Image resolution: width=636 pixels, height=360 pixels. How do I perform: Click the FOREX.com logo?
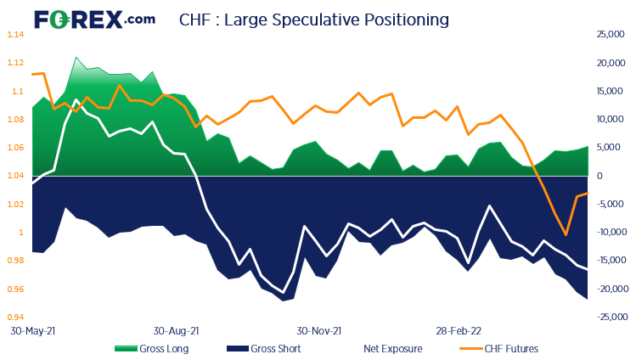94,18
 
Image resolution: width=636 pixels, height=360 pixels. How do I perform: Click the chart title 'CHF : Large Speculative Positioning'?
314,19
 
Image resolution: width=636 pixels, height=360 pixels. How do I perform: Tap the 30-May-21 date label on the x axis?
31,331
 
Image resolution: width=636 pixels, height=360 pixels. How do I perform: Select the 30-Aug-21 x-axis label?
176,331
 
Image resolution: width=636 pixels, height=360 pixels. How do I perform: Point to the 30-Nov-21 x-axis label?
318,331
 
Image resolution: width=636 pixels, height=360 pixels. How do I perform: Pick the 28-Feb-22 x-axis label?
459,331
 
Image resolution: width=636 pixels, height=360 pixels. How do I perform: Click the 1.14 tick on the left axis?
15,35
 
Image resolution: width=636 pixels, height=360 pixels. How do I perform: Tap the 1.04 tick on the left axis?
15,176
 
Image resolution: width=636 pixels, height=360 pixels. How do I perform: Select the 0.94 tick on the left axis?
15,318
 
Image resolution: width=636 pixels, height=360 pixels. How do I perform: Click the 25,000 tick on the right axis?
611,35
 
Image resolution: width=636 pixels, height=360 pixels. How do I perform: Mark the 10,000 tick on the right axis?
611,120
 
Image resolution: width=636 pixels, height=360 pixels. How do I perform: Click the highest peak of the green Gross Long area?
76,58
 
